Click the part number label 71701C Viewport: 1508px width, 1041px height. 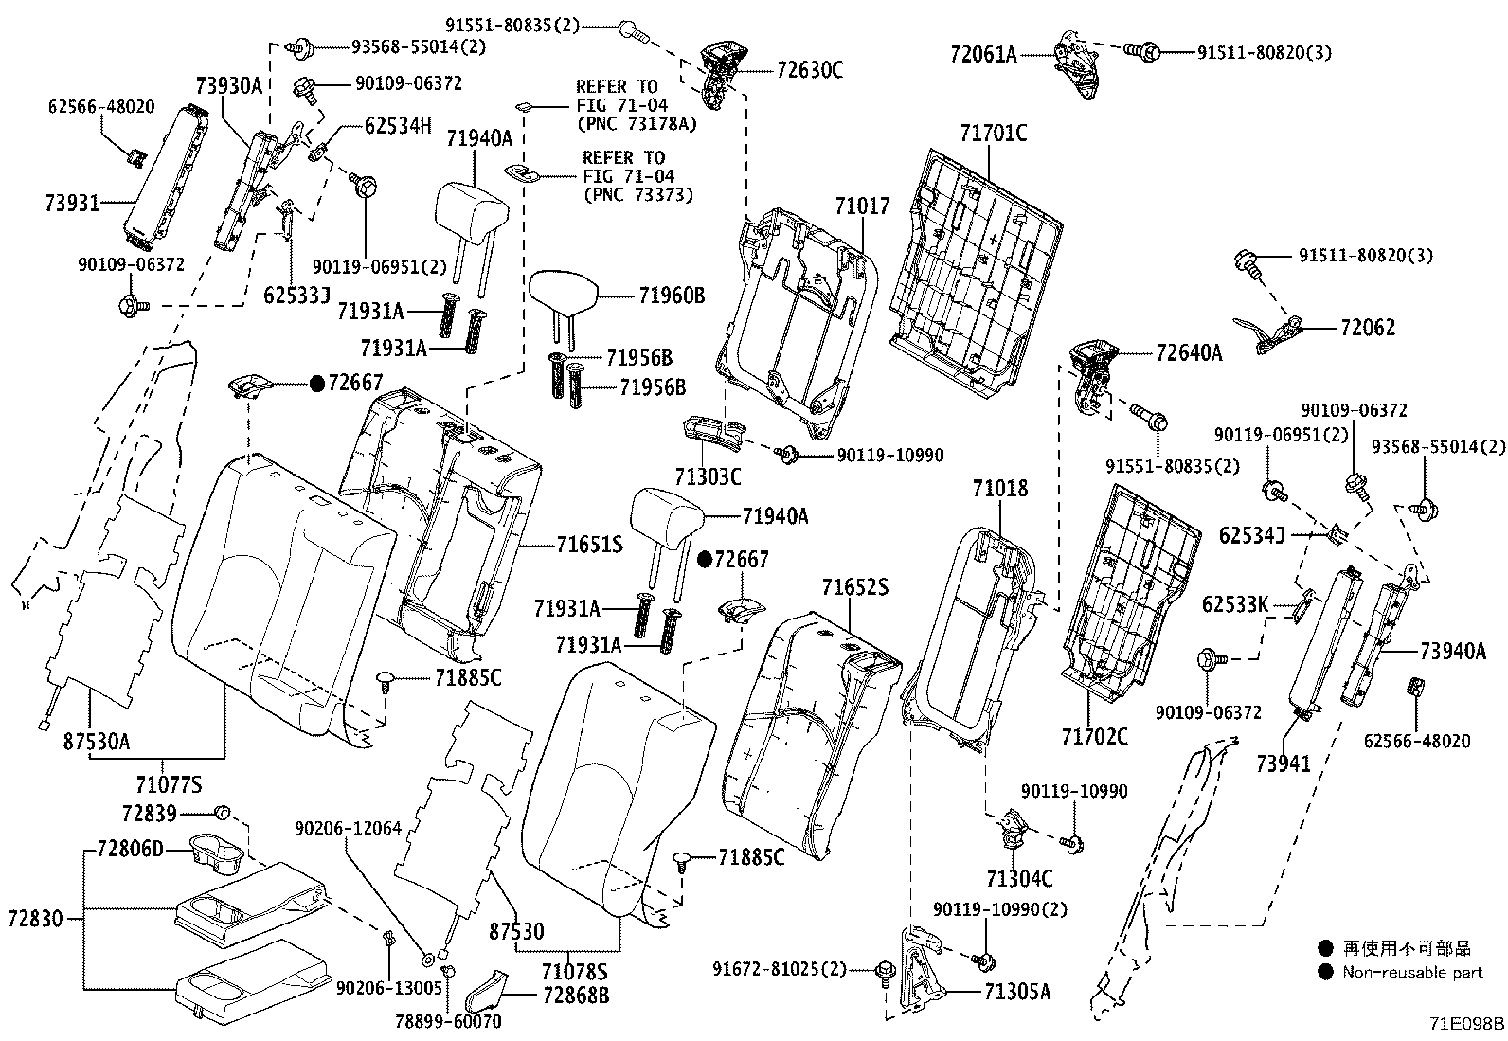coord(992,133)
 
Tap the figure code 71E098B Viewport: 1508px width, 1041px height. coord(1466,1024)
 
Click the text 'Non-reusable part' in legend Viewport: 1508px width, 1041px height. coord(1412,972)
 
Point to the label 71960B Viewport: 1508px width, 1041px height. coord(672,296)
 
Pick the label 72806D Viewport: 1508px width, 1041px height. coord(130,849)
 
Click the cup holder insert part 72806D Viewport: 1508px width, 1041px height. coord(216,849)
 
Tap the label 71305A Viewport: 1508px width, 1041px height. coord(1017,993)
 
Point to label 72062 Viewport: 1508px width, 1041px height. coord(1368,328)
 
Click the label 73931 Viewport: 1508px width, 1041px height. coord(71,202)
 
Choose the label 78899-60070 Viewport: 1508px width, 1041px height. coord(448,1021)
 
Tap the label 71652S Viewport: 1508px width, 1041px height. coord(854,588)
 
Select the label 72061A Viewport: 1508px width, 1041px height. coord(983,55)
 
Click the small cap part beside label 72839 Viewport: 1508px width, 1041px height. coord(224,812)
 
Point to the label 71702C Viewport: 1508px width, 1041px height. coord(1094,736)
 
